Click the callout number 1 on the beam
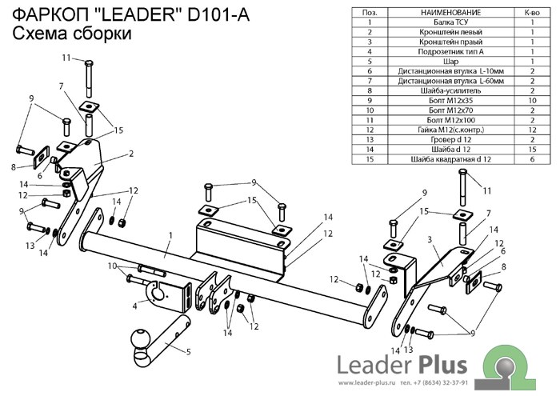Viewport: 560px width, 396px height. [170, 236]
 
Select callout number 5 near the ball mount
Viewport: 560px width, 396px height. [190, 352]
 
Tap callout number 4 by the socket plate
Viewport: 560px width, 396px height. [135, 306]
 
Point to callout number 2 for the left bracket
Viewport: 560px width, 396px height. [130, 153]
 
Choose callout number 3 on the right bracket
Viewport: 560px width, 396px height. [430, 239]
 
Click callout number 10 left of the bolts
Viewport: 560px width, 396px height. [113, 266]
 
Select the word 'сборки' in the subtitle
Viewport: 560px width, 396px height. [98, 34]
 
